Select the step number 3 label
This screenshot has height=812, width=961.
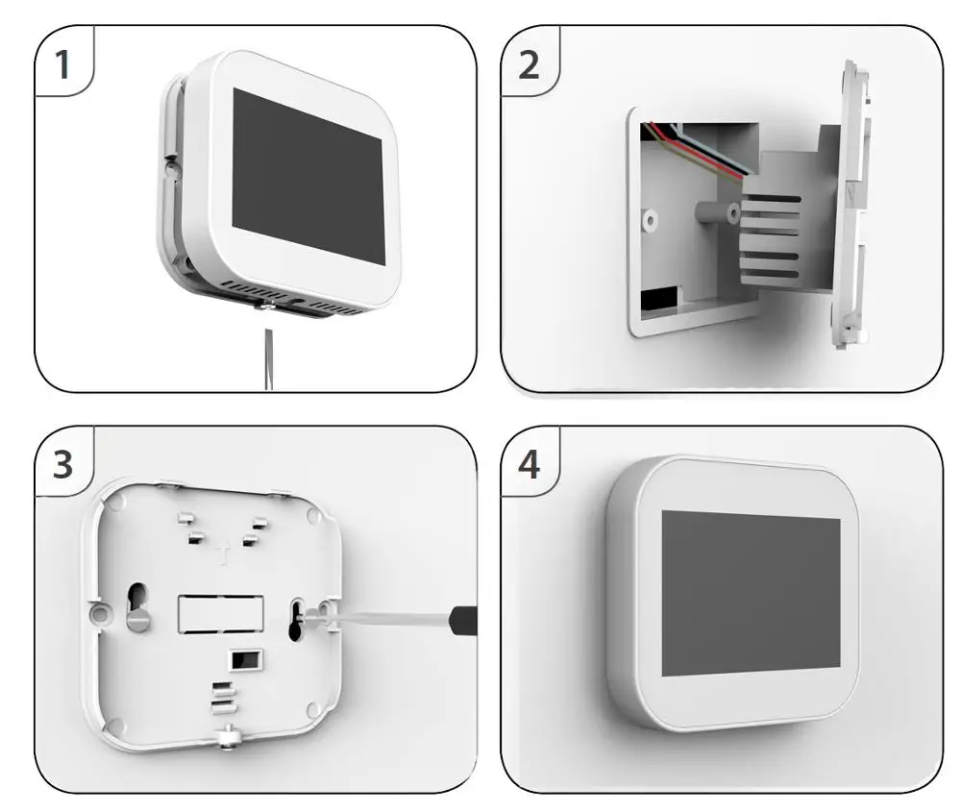click(x=62, y=465)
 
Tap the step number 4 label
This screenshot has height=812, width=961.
click(x=529, y=465)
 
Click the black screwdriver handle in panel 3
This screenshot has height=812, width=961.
click(x=463, y=620)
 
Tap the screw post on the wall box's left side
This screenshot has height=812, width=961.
click(x=651, y=220)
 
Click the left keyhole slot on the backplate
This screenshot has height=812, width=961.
click(x=138, y=605)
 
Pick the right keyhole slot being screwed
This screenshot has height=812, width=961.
click(x=298, y=617)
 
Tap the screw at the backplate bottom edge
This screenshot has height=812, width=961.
click(x=227, y=737)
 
